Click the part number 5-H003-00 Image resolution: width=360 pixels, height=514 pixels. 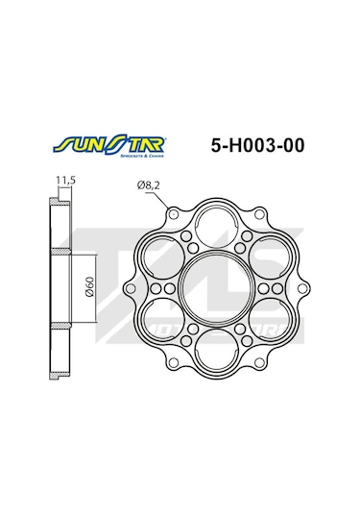(x=257, y=147)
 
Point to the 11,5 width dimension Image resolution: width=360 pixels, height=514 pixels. (x=64, y=180)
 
